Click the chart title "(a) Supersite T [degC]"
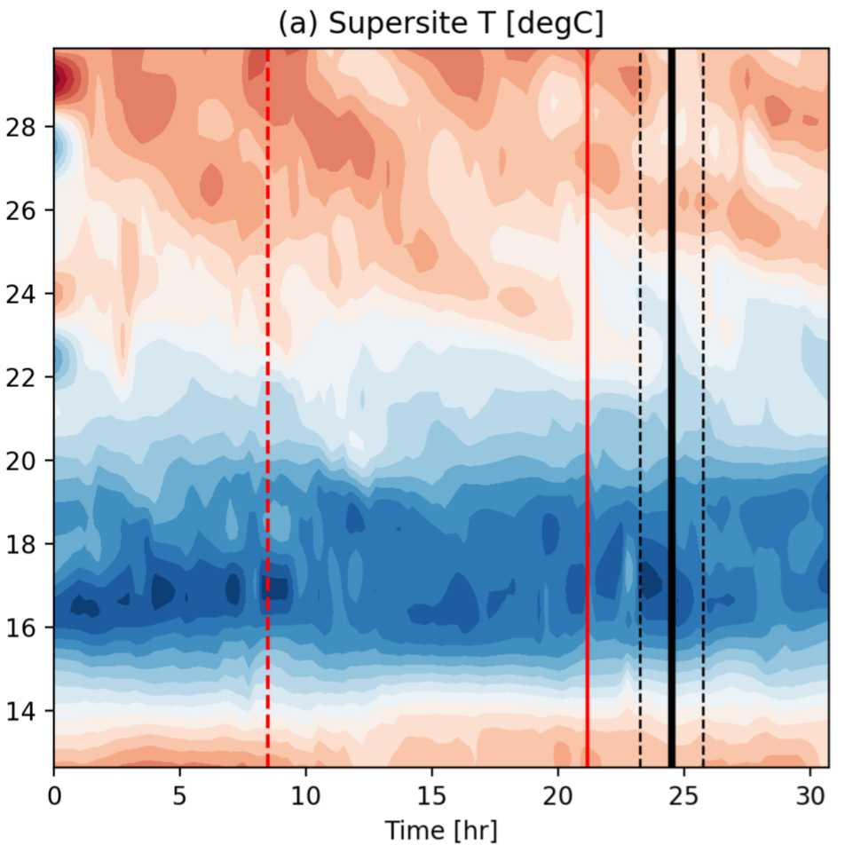tap(441, 24)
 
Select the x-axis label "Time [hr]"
tap(440, 831)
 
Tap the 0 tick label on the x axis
tap(54, 792)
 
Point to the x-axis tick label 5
tap(180, 792)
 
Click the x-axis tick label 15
tap(432, 792)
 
